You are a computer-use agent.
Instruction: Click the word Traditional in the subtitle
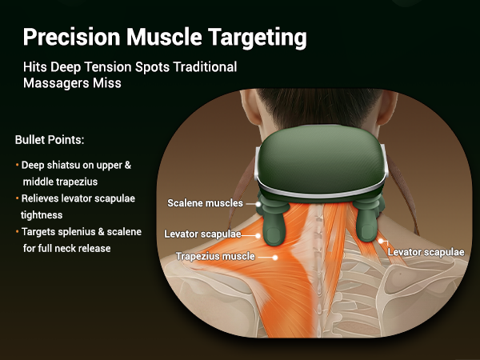[204, 66]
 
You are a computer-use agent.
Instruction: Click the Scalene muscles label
[205, 203]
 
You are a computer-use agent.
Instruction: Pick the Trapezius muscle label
[215, 257]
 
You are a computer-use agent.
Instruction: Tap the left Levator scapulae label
[202, 234]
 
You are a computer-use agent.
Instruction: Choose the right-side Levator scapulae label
[426, 251]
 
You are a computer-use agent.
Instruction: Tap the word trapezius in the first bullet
[75, 182]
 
